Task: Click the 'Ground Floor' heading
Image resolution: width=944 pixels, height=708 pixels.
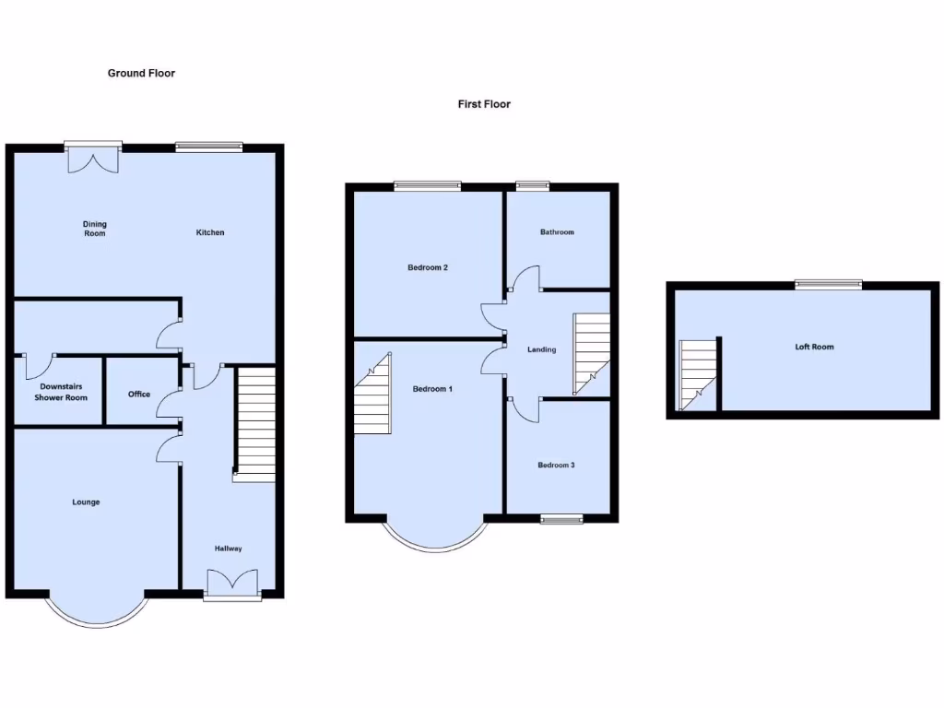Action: [141, 73]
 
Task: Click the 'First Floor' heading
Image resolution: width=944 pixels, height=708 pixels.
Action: [484, 104]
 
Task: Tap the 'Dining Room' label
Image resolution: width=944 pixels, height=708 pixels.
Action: [95, 229]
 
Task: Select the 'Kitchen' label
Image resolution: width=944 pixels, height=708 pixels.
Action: [210, 232]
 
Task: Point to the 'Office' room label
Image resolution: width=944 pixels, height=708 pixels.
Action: [139, 395]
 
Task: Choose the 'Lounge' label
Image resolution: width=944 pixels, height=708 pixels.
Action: [86, 502]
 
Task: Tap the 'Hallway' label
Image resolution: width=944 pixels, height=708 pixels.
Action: [229, 549]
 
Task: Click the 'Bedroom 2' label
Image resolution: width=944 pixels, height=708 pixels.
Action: [428, 268]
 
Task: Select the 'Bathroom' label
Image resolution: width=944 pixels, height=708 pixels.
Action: [557, 232]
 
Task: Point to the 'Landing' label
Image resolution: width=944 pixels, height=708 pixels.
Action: [541, 349]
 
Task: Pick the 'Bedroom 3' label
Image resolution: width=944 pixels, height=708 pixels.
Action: [556, 466]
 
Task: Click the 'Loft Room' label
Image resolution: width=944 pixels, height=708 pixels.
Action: [814, 347]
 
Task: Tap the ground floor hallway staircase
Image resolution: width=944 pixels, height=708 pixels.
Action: [255, 424]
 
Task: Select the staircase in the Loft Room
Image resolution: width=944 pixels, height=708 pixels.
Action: [698, 374]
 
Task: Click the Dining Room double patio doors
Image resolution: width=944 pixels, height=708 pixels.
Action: [93, 158]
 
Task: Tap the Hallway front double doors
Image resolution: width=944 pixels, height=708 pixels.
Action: [232, 584]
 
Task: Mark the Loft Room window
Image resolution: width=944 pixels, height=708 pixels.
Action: [829, 285]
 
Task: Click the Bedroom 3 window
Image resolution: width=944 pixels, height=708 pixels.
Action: [561, 520]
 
